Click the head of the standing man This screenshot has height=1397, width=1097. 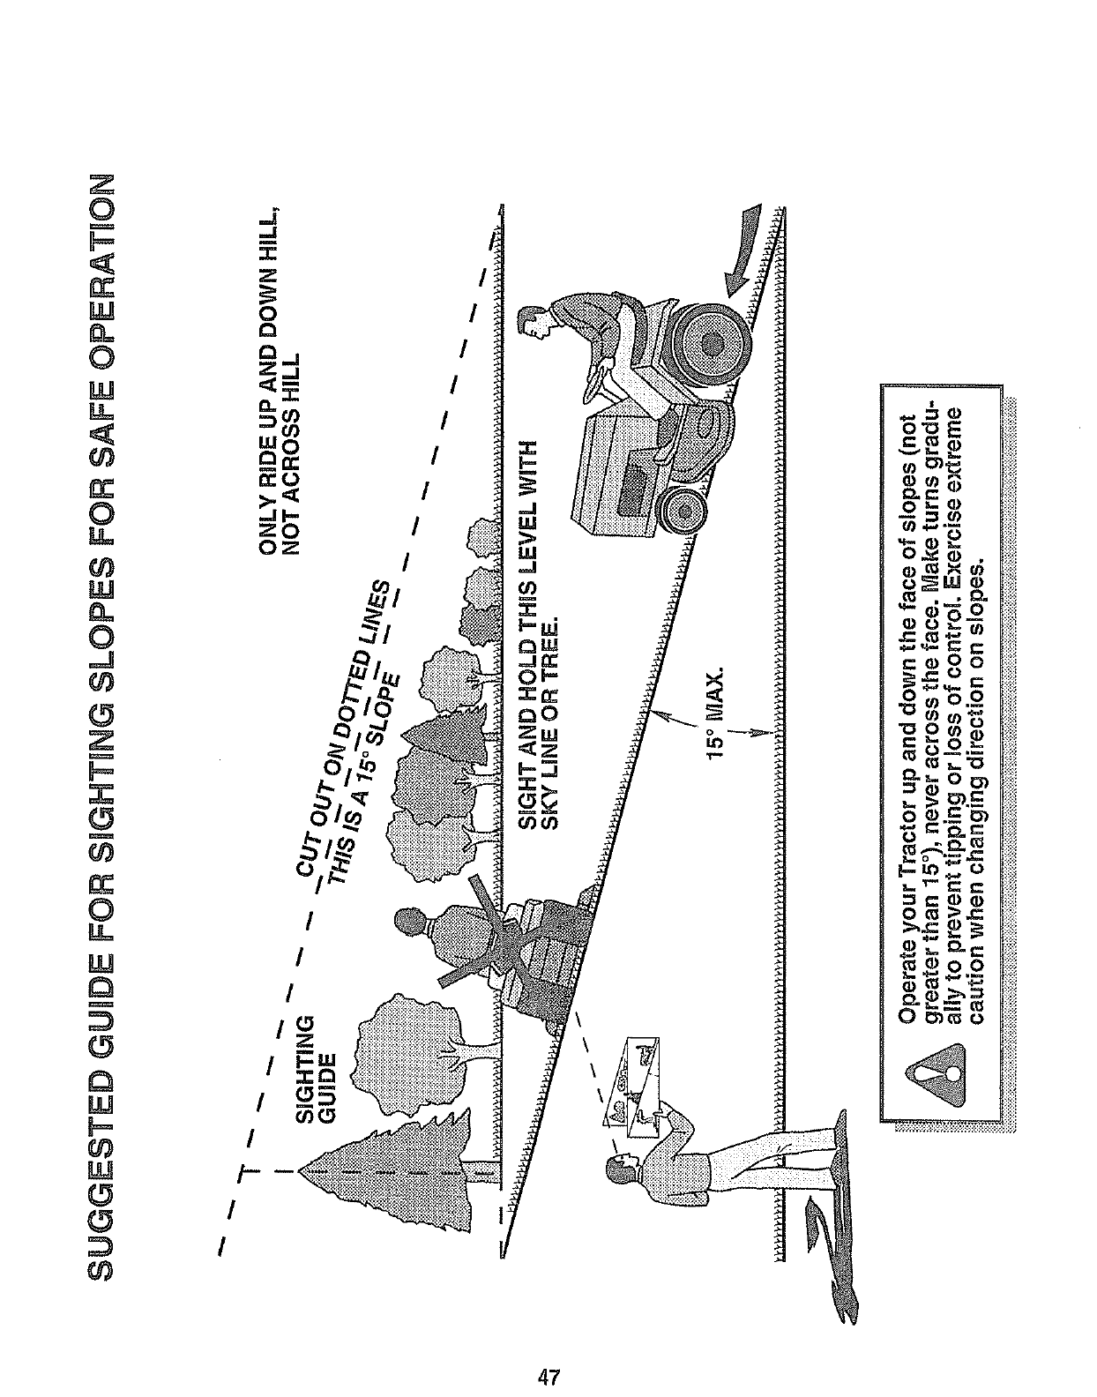[x=619, y=1174]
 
